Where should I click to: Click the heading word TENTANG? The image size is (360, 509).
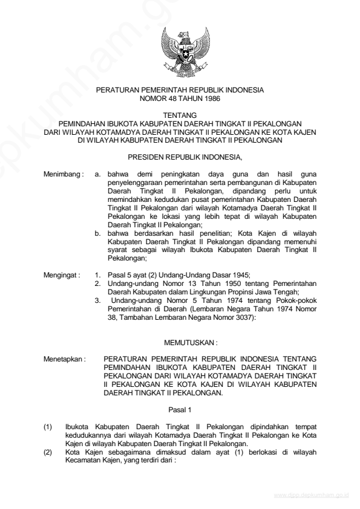(180, 114)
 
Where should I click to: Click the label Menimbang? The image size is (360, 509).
(63, 174)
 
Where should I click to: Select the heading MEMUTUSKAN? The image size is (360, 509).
(180, 342)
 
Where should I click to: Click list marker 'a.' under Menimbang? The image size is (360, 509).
(99, 174)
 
